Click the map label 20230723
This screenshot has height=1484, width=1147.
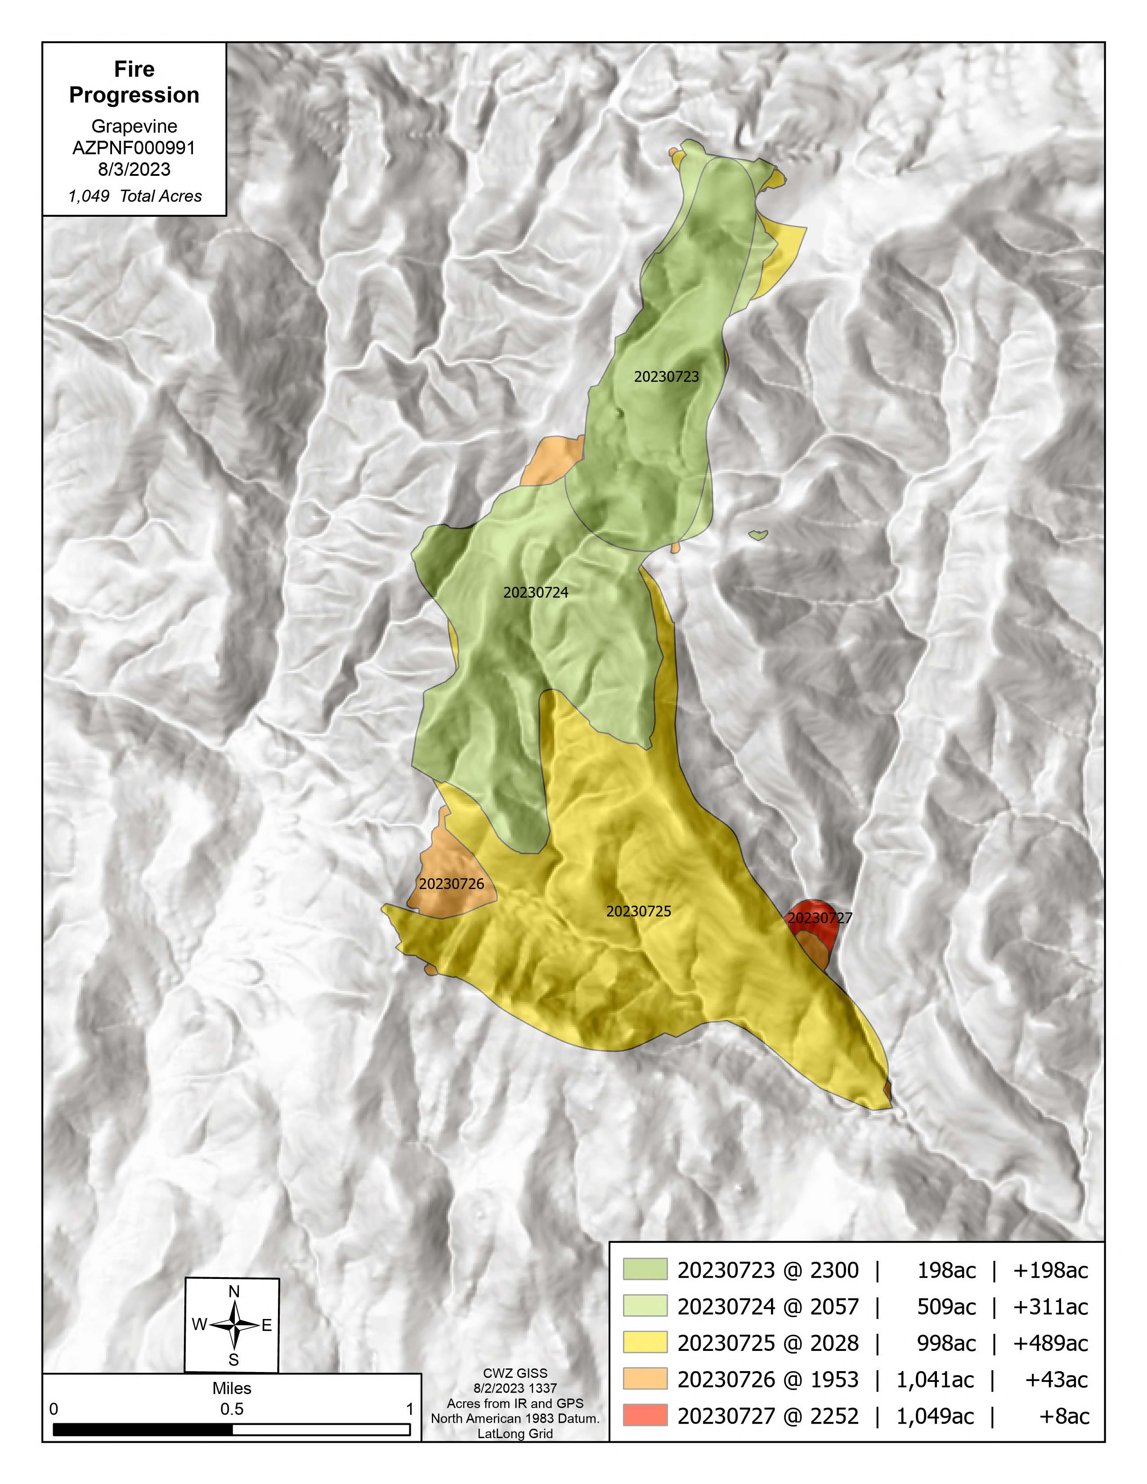666,376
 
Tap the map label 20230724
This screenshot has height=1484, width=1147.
535,593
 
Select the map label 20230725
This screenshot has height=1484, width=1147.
638,911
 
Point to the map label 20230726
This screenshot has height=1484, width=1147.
451,884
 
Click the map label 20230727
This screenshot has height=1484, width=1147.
820,918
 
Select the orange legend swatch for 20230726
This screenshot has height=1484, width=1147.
645,1379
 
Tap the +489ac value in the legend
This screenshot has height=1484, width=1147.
1050,1343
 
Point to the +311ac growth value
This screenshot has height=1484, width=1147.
1050,1307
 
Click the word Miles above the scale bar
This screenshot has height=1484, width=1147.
232,1388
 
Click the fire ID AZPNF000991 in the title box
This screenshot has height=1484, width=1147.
134,148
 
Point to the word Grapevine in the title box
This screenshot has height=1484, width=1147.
134,126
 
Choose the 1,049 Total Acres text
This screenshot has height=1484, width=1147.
134,197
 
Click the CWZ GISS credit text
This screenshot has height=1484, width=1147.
515,1373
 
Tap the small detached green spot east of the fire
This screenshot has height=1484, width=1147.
758,536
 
